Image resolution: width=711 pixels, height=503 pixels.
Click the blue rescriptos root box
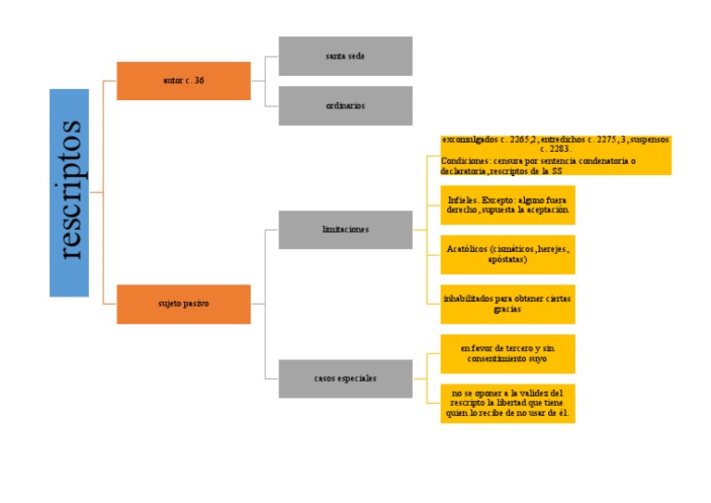(69, 193)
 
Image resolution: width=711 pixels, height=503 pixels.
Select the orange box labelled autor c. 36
(183, 81)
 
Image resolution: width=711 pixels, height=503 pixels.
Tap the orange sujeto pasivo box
(183, 304)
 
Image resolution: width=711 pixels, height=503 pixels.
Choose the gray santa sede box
(345, 56)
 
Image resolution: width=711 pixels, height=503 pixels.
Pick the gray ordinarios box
(345, 106)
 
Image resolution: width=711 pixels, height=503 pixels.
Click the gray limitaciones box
(345, 229)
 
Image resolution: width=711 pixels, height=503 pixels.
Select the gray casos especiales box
(345, 378)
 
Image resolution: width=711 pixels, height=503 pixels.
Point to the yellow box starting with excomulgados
(555, 155)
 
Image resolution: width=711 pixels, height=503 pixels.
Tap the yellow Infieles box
(507, 205)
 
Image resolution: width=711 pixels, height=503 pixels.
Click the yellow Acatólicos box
(507, 255)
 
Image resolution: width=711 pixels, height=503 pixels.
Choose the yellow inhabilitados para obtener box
(507, 304)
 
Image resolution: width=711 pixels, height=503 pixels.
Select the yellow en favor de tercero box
(507, 353)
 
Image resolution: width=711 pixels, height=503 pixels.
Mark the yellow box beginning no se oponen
(507, 403)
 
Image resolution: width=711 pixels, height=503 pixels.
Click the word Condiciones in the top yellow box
(467, 160)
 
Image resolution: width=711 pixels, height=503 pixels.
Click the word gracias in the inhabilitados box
(507, 309)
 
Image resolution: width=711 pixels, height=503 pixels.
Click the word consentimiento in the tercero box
(500, 358)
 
